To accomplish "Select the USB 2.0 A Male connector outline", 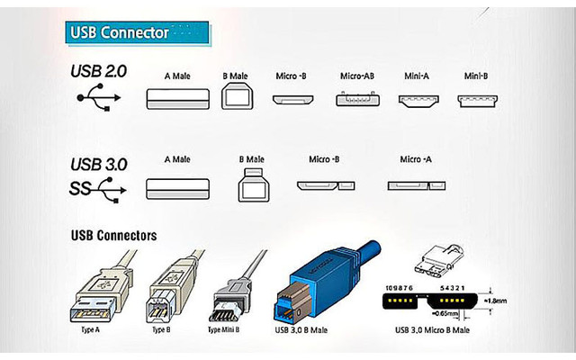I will [x=177, y=98].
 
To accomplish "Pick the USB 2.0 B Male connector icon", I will [x=238, y=97].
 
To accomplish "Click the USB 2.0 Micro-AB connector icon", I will [x=356, y=99].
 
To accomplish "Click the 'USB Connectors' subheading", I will [x=113, y=236].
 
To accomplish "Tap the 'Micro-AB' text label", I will [x=356, y=76].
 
